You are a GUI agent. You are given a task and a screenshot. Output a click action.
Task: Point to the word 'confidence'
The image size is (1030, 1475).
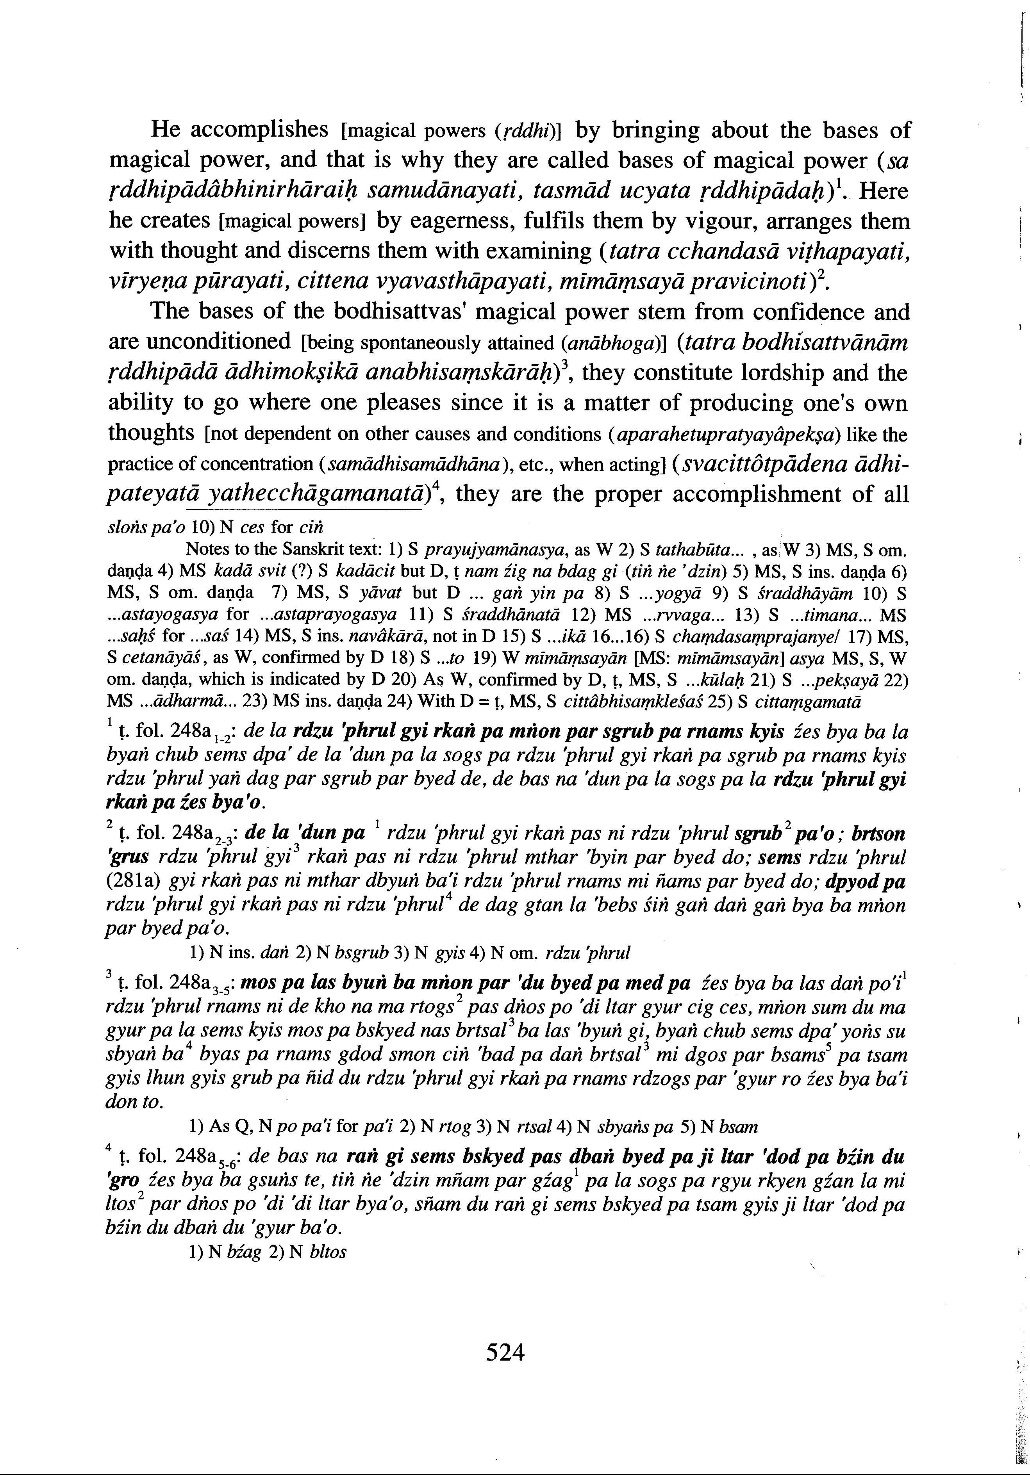click(808, 312)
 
